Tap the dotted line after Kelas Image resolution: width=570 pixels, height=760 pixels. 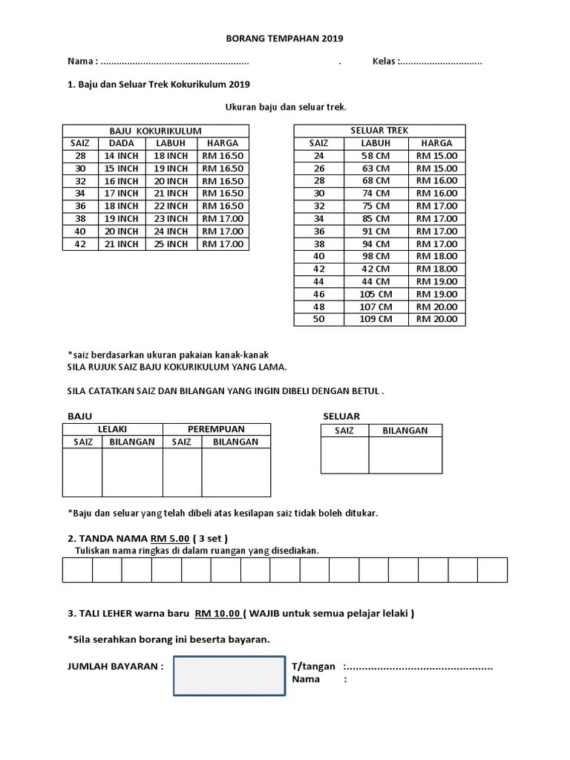(442, 62)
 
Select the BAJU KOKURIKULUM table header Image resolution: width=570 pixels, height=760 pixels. (155, 131)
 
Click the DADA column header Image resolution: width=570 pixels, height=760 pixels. (121, 143)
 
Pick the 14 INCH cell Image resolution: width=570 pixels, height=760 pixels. (121, 156)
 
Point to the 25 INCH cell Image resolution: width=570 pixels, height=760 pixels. (171, 243)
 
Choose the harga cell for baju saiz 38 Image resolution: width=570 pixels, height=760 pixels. (223, 218)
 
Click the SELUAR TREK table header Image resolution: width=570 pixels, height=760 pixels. (379, 131)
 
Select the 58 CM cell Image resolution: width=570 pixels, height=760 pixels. (376, 156)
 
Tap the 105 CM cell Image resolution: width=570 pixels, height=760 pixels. (376, 294)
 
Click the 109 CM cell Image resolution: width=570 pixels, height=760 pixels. (376, 319)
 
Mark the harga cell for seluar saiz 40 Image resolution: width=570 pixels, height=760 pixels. (436, 256)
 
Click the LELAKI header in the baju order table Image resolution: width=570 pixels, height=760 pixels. (112, 429)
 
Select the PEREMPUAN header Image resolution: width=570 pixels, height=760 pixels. (216, 429)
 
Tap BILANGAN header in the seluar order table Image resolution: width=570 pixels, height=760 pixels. (404, 430)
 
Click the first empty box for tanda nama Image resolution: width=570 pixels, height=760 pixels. (77, 570)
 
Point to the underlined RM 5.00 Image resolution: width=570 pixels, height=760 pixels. (170, 538)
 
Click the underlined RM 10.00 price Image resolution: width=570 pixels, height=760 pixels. (217, 613)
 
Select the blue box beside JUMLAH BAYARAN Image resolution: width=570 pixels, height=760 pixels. (229, 675)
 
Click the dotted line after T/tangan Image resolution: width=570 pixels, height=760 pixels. (420, 666)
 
